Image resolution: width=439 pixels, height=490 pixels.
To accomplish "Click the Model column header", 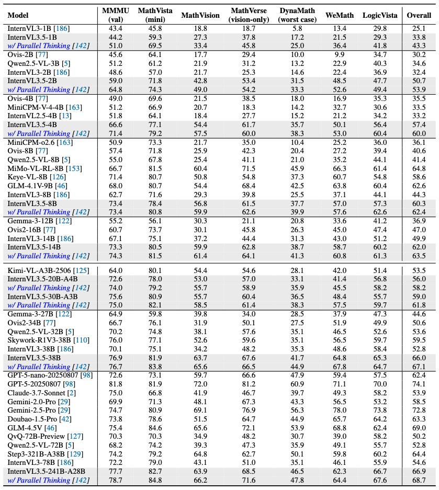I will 18,16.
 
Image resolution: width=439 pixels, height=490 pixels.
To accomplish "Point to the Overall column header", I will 419,16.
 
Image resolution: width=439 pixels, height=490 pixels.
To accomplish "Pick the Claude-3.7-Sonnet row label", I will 35,393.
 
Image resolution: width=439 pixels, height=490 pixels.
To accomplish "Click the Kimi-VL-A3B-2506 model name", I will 40,270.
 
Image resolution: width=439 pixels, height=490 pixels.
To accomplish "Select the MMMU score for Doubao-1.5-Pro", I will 116,418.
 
